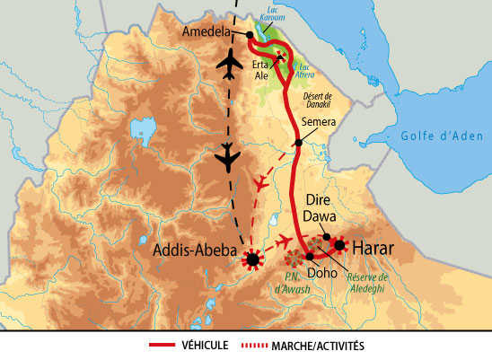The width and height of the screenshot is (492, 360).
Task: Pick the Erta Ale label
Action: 262,71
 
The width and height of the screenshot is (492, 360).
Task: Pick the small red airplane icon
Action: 262,183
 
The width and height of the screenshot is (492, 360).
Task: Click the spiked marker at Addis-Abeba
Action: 253,260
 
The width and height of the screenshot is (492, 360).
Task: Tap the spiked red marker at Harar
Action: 339,244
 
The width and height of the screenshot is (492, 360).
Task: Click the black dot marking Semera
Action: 297,143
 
